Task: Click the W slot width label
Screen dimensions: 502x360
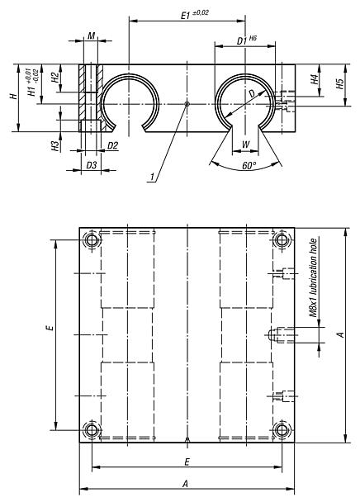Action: coord(245,145)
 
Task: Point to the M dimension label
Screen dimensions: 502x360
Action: coord(91,36)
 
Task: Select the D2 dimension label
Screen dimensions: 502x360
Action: coord(113,146)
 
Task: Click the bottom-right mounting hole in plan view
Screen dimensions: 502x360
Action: coord(282,430)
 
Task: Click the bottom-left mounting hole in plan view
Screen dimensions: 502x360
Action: coord(91,430)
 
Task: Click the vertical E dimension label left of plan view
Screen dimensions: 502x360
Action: coord(49,328)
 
